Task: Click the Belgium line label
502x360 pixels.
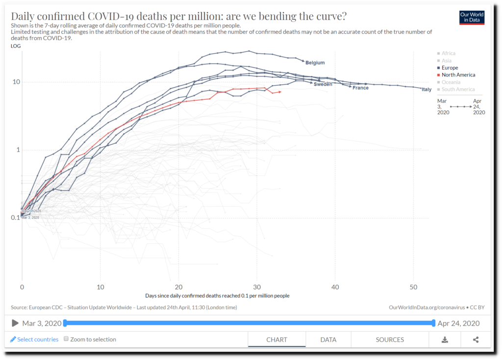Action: (x=315, y=63)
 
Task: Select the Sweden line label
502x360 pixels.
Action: (x=323, y=84)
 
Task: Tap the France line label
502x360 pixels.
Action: (x=360, y=88)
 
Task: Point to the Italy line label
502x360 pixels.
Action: (x=427, y=90)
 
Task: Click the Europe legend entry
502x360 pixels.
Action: (x=450, y=68)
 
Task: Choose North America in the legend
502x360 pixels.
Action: (x=458, y=75)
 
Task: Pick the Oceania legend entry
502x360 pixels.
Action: (x=451, y=82)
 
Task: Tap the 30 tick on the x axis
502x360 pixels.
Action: (x=257, y=286)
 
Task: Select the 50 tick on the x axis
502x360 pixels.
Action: (x=413, y=286)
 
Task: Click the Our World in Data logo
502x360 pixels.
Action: (x=472, y=18)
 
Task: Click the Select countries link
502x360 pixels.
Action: (x=37, y=339)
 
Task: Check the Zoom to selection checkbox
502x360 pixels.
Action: (x=67, y=339)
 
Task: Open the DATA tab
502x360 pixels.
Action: (x=328, y=339)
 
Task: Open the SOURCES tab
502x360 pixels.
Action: (x=390, y=339)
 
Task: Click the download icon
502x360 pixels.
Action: (x=445, y=339)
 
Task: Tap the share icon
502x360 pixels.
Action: (x=476, y=339)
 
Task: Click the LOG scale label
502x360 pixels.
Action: (x=15, y=46)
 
